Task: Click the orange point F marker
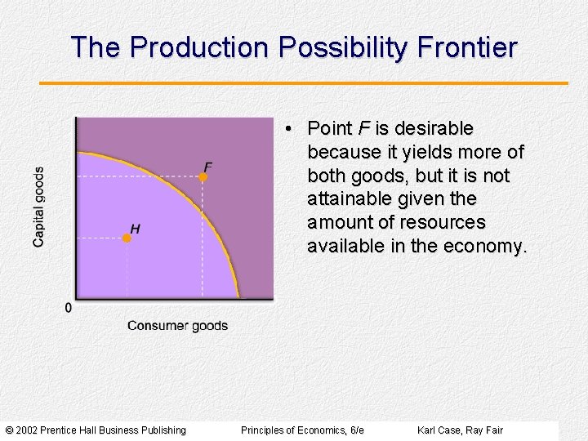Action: click(x=204, y=176)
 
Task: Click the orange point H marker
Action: click(x=127, y=238)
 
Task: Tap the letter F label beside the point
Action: click(x=207, y=167)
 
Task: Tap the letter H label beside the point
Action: click(x=135, y=229)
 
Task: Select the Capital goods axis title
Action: click(x=39, y=207)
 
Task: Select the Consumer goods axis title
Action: click(x=177, y=326)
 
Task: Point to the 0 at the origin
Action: click(x=68, y=308)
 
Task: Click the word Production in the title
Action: click(x=199, y=47)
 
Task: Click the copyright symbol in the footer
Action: click(x=9, y=430)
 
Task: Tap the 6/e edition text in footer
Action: click(x=356, y=430)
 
